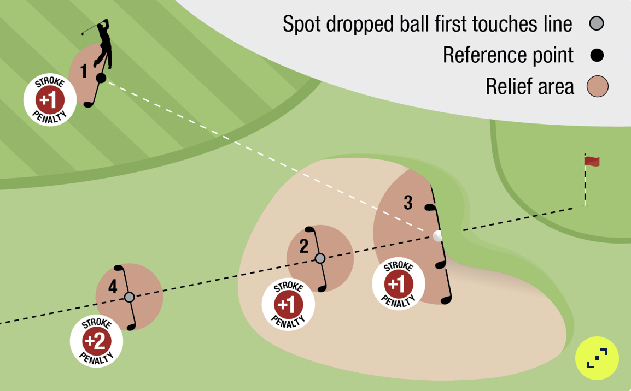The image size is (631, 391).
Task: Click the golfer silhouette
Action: coord(102,46)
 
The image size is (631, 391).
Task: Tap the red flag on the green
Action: coord(592,161)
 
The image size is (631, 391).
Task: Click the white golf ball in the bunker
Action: coord(437,236)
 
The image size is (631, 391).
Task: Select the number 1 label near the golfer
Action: coord(84,71)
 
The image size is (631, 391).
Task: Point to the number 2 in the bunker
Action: coord(304,247)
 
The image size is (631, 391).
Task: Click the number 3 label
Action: coord(408,203)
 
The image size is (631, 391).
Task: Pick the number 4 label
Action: coord(113,287)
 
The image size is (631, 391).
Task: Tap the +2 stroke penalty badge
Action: coord(96,341)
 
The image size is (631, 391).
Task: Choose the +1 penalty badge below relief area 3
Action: coord(398,284)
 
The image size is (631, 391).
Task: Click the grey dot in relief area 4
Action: coord(129,297)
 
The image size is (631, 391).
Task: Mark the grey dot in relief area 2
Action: coord(320,258)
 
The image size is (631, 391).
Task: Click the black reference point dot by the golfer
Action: coord(101,79)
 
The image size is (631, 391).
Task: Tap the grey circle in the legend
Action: coord(597,24)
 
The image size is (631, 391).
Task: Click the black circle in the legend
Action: coord(597,55)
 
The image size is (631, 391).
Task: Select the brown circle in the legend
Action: coord(597,87)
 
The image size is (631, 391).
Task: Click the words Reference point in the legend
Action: coord(508,55)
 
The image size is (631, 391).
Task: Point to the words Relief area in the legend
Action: coord(529,87)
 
